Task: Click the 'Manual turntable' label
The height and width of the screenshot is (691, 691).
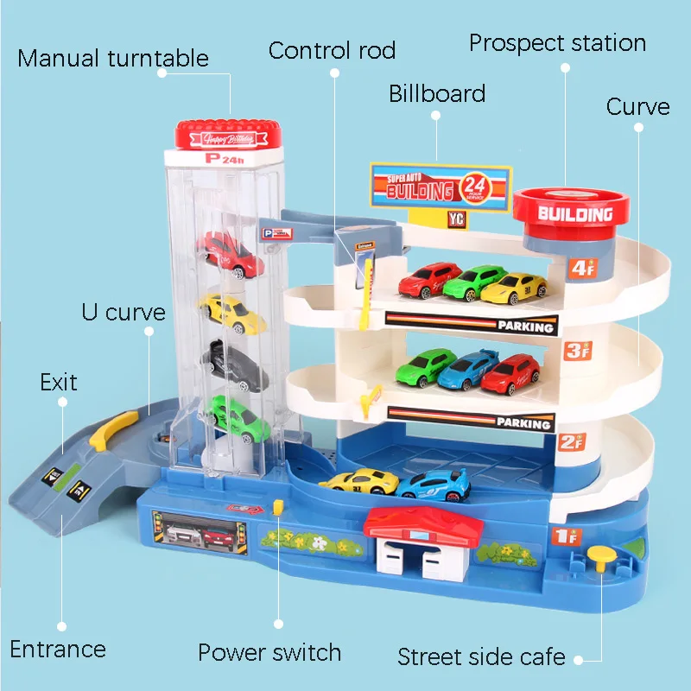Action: click(x=113, y=59)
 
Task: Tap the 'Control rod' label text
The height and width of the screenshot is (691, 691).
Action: click(x=332, y=50)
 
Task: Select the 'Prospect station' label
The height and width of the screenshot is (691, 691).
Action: click(x=557, y=43)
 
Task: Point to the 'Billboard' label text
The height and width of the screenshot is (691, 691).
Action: click(x=437, y=93)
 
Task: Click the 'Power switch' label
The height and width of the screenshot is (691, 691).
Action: click(x=269, y=652)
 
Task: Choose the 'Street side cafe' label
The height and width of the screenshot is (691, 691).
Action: click(x=481, y=656)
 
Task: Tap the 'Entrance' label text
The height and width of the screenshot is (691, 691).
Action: click(x=58, y=649)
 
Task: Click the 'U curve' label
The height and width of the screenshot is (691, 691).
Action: click(x=123, y=311)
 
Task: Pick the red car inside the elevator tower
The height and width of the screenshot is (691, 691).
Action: click(x=230, y=251)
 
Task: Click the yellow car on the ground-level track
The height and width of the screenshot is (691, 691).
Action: click(x=358, y=481)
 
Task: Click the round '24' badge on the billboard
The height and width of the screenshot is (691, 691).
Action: click(x=475, y=186)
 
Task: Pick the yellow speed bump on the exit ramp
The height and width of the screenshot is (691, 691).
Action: click(x=113, y=429)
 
